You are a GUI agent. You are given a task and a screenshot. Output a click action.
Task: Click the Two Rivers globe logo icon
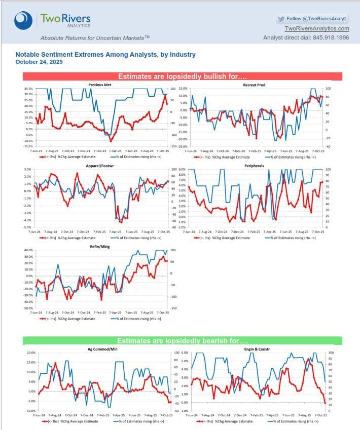point(24,21)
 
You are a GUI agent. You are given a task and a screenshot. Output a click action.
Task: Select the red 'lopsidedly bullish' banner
point(182,76)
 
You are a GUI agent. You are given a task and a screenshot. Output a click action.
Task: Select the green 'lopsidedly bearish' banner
point(182,341)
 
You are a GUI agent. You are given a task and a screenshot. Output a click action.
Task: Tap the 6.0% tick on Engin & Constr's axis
point(185,353)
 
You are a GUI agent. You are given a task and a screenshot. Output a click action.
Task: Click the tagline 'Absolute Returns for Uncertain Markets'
point(95,38)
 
